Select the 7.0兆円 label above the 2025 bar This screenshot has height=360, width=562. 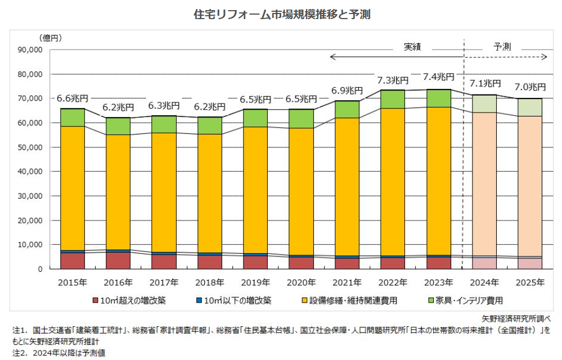pos(530,87)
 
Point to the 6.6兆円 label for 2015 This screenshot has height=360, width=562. pos(73,98)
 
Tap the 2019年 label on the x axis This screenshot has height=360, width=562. pos(255,282)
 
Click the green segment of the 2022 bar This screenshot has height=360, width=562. pos(393,99)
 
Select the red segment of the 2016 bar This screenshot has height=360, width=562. pos(118,260)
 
